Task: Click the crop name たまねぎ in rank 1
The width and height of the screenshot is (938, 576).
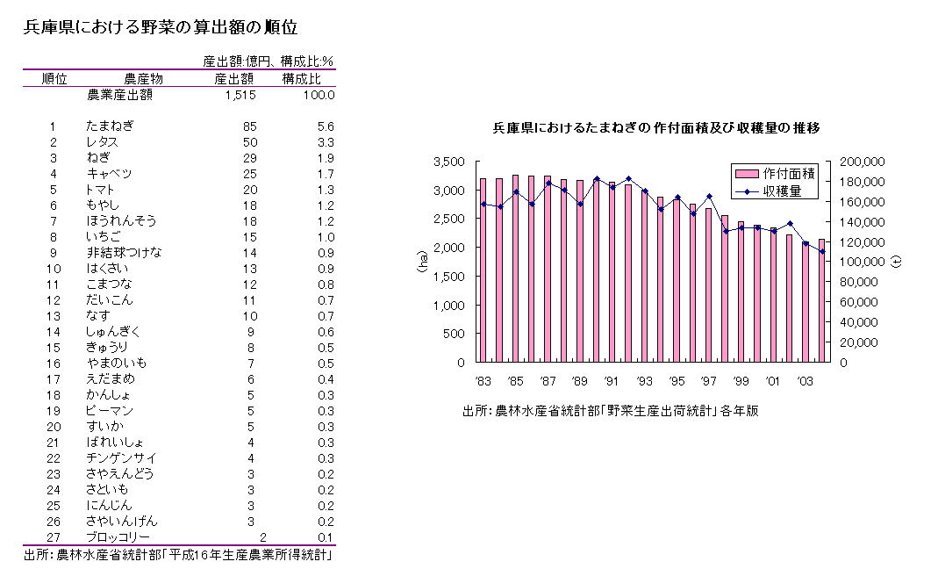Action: click(x=110, y=126)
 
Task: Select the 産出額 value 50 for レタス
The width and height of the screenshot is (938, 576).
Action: click(x=250, y=142)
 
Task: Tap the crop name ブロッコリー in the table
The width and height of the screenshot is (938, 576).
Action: click(x=118, y=537)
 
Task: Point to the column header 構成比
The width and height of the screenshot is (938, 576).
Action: click(x=302, y=79)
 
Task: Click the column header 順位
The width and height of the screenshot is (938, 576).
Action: click(x=54, y=79)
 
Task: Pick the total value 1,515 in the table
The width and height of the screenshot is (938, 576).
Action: click(x=240, y=95)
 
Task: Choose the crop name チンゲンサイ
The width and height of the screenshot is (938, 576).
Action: click(x=121, y=458)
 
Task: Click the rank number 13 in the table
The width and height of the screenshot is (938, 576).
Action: click(x=54, y=316)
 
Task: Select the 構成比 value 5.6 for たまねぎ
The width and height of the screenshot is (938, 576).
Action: click(x=326, y=126)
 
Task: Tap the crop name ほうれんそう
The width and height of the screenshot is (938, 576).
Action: click(x=121, y=221)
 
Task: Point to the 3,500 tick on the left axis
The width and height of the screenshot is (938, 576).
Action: click(x=448, y=162)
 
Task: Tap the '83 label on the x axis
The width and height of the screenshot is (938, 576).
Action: click(x=482, y=381)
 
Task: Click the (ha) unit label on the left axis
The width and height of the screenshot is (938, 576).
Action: click(x=422, y=261)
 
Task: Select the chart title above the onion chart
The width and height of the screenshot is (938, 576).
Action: click(x=656, y=128)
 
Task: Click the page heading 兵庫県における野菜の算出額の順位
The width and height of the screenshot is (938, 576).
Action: click(x=167, y=27)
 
